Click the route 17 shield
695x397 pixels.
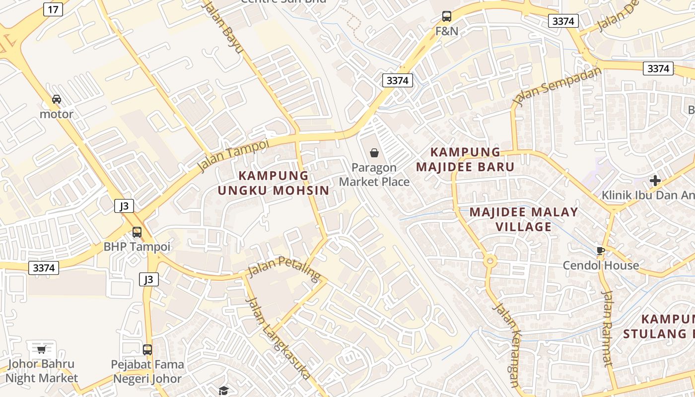pos(53,9)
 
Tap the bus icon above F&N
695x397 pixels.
pos(447,16)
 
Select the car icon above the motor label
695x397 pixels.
pos(57,99)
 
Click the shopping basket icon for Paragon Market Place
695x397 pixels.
pos(374,153)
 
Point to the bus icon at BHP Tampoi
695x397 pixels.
pos(137,232)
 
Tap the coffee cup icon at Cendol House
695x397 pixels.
pos(600,251)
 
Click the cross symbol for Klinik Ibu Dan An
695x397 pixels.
pos(655,181)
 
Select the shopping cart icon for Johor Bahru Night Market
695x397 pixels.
pos(41,349)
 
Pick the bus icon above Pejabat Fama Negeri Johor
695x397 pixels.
pos(147,349)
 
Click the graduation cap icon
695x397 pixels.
pos(223,391)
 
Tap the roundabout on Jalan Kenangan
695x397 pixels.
pos(490,260)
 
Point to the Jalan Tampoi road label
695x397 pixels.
pos(233,155)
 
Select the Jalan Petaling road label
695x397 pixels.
pos(284,267)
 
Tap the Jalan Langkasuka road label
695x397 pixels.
pos(278,337)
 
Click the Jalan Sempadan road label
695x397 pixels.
pos(556,87)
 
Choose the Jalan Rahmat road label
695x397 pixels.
pos(608,328)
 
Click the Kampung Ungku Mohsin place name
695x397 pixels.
pos(274,183)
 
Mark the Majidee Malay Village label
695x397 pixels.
pos(524,219)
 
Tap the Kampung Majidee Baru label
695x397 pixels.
pos(465,159)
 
